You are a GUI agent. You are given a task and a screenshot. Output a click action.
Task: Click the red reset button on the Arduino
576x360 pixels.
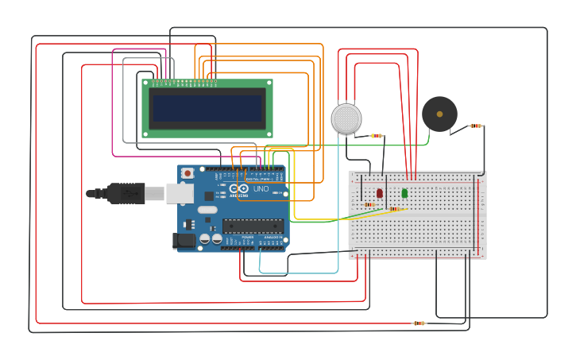[x=187, y=172]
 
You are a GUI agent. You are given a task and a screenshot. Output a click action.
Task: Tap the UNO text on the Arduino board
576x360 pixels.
[x=260, y=189]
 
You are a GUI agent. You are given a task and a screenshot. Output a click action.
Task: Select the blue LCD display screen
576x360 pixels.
[x=207, y=108]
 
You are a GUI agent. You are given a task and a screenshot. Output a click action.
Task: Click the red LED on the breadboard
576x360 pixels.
[x=380, y=193]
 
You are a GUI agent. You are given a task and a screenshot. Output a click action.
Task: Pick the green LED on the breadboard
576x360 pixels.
[x=404, y=193]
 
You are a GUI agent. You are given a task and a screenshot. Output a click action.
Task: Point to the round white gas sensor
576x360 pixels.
[x=346, y=118]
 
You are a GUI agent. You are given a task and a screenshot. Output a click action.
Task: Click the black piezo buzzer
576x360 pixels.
[x=439, y=114]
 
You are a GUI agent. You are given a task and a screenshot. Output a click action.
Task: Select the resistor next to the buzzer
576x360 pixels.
[x=476, y=126]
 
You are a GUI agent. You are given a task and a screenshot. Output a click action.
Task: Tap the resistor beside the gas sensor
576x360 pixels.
[x=377, y=136]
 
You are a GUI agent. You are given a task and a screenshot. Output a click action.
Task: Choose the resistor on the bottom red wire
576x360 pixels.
[x=419, y=323]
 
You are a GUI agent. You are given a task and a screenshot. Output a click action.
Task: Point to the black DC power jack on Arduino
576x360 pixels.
[x=184, y=240]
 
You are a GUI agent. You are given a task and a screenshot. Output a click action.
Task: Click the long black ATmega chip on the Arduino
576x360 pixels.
[x=253, y=226]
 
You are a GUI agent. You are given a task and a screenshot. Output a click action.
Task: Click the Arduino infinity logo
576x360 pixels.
[x=239, y=189]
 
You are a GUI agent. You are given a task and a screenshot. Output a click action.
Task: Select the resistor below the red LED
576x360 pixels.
[x=369, y=205]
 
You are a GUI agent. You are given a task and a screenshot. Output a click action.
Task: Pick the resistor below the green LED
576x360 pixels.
[x=395, y=210]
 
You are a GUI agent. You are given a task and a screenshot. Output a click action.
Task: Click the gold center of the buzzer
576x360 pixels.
[x=439, y=114]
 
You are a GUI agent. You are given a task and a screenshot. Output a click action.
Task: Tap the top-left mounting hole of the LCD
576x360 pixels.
[x=146, y=83]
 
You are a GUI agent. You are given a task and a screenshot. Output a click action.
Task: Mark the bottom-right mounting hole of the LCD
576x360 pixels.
[x=269, y=134]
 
